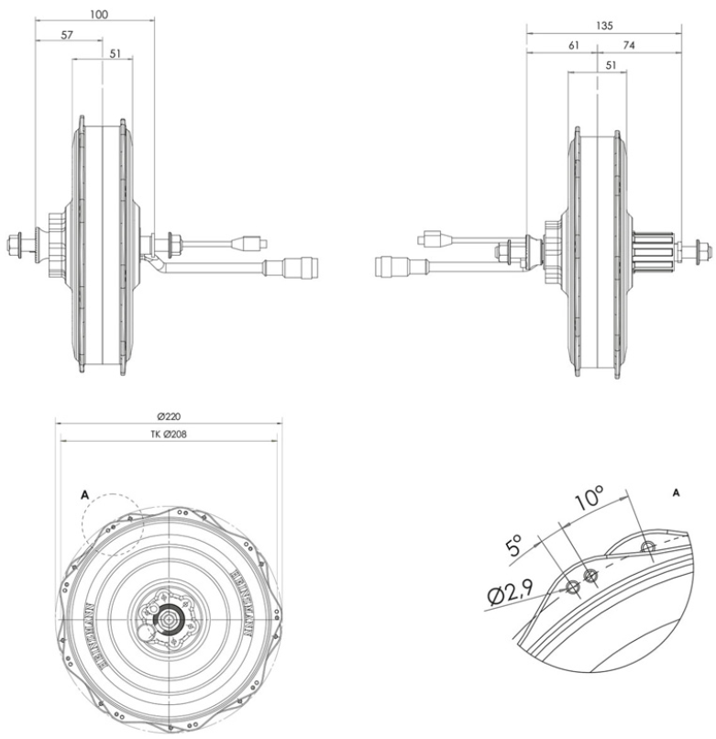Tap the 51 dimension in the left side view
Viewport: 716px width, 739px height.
click(x=115, y=53)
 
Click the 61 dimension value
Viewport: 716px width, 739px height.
click(x=572, y=45)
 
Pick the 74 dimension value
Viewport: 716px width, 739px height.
click(x=630, y=45)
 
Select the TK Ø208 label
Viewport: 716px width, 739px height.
click(x=168, y=433)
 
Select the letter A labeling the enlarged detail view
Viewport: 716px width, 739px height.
click(x=676, y=492)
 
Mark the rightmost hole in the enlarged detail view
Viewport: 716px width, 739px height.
click(x=648, y=548)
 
